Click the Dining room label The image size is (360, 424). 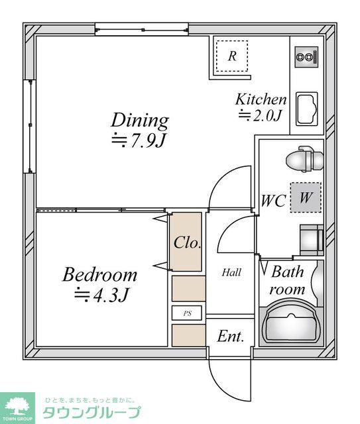click(x=139, y=120)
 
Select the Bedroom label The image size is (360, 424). click(x=99, y=274)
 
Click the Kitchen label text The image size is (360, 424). click(x=261, y=99)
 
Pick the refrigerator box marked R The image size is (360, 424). click(x=231, y=56)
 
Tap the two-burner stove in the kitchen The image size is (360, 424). click(x=306, y=58)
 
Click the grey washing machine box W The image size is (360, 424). click(x=305, y=197)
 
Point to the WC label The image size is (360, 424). click(x=273, y=200)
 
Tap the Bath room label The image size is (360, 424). click(x=288, y=280)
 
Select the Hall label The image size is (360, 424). click(x=231, y=272)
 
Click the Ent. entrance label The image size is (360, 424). click(x=231, y=337)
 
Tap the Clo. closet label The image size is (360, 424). click(x=187, y=242)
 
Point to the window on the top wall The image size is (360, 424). click(x=142, y=28)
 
